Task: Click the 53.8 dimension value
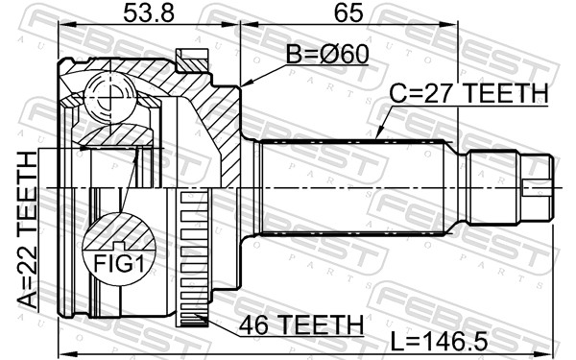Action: tap(150, 14)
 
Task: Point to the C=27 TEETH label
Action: tap(468, 94)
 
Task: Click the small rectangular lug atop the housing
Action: tap(195, 60)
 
